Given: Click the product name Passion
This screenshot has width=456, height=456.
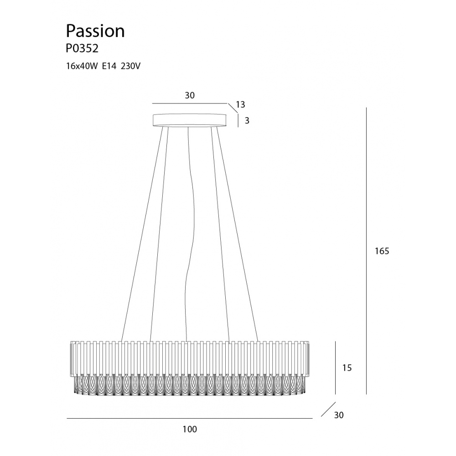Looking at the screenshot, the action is coord(95,31).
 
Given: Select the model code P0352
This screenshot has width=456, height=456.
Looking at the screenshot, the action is coord(82,49).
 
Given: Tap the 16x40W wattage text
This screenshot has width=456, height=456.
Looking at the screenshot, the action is coord(82,66).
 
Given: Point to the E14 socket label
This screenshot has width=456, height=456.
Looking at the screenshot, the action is coord(109,66).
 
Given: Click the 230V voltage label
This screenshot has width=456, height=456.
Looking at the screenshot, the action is coord(130,66).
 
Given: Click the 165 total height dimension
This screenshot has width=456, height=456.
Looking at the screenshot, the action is coord(382,251).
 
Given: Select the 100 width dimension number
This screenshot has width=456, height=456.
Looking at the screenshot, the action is coord(190,429).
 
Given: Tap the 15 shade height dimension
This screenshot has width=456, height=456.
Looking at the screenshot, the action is coord(347,368).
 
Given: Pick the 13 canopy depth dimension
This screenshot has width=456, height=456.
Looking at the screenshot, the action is coord(240,104).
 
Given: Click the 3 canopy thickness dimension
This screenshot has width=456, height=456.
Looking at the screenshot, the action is coord(247,120).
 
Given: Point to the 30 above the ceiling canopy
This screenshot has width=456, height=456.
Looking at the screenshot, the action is coord(190,95).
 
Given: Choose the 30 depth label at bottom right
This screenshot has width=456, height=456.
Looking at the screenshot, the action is coord(339,415).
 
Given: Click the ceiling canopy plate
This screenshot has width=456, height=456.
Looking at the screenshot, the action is coord(190,120).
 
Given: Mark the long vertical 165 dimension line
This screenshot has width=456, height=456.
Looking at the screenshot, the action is coord(366,251).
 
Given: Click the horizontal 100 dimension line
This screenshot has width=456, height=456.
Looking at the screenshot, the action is coord(190,419).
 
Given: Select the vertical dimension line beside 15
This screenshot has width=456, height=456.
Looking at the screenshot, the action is coord(335,368).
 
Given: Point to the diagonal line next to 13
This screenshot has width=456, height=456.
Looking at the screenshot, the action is coord(233,108).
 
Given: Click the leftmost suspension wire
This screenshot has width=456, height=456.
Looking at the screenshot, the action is coord(142,234).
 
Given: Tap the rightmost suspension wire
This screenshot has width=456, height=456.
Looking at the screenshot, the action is coord(238,234).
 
